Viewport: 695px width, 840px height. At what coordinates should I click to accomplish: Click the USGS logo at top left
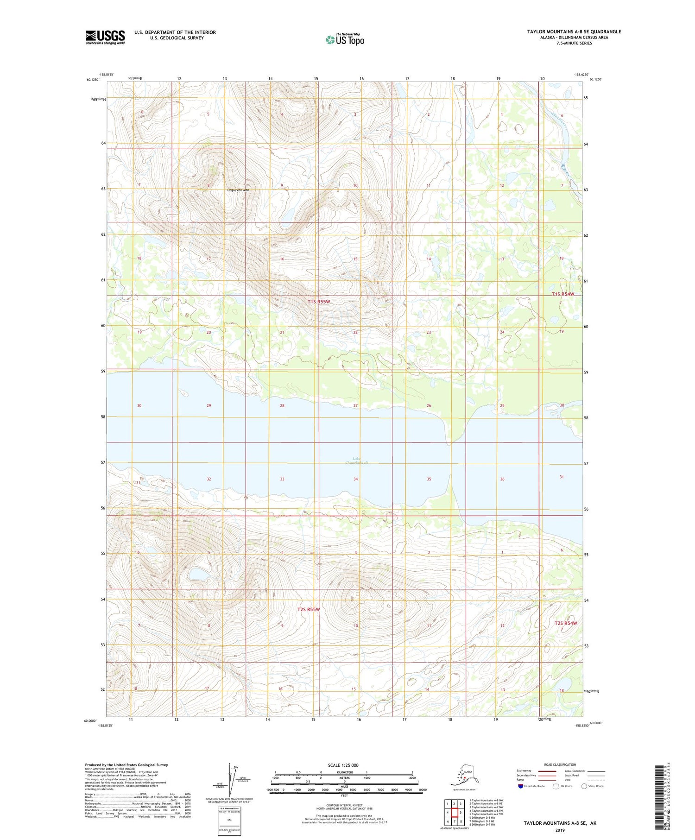click(105, 37)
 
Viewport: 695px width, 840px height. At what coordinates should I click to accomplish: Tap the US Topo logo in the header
click(345, 39)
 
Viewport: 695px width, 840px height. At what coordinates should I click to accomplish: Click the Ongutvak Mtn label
click(238, 190)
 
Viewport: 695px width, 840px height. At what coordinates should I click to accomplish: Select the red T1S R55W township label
click(319, 302)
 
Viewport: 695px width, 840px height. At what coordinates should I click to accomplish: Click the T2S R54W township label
click(566, 623)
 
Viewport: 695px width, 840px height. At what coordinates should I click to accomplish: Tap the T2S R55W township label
click(309, 609)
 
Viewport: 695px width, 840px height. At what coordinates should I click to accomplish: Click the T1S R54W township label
click(563, 294)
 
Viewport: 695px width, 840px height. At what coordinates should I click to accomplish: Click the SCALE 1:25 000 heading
click(343, 765)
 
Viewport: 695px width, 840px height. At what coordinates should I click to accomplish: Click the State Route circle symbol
click(584, 786)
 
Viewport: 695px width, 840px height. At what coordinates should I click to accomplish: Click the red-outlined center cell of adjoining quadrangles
click(455, 812)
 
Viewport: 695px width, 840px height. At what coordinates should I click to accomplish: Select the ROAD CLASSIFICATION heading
click(560, 764)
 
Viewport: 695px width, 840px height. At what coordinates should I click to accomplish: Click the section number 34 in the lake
click(356, 479)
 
